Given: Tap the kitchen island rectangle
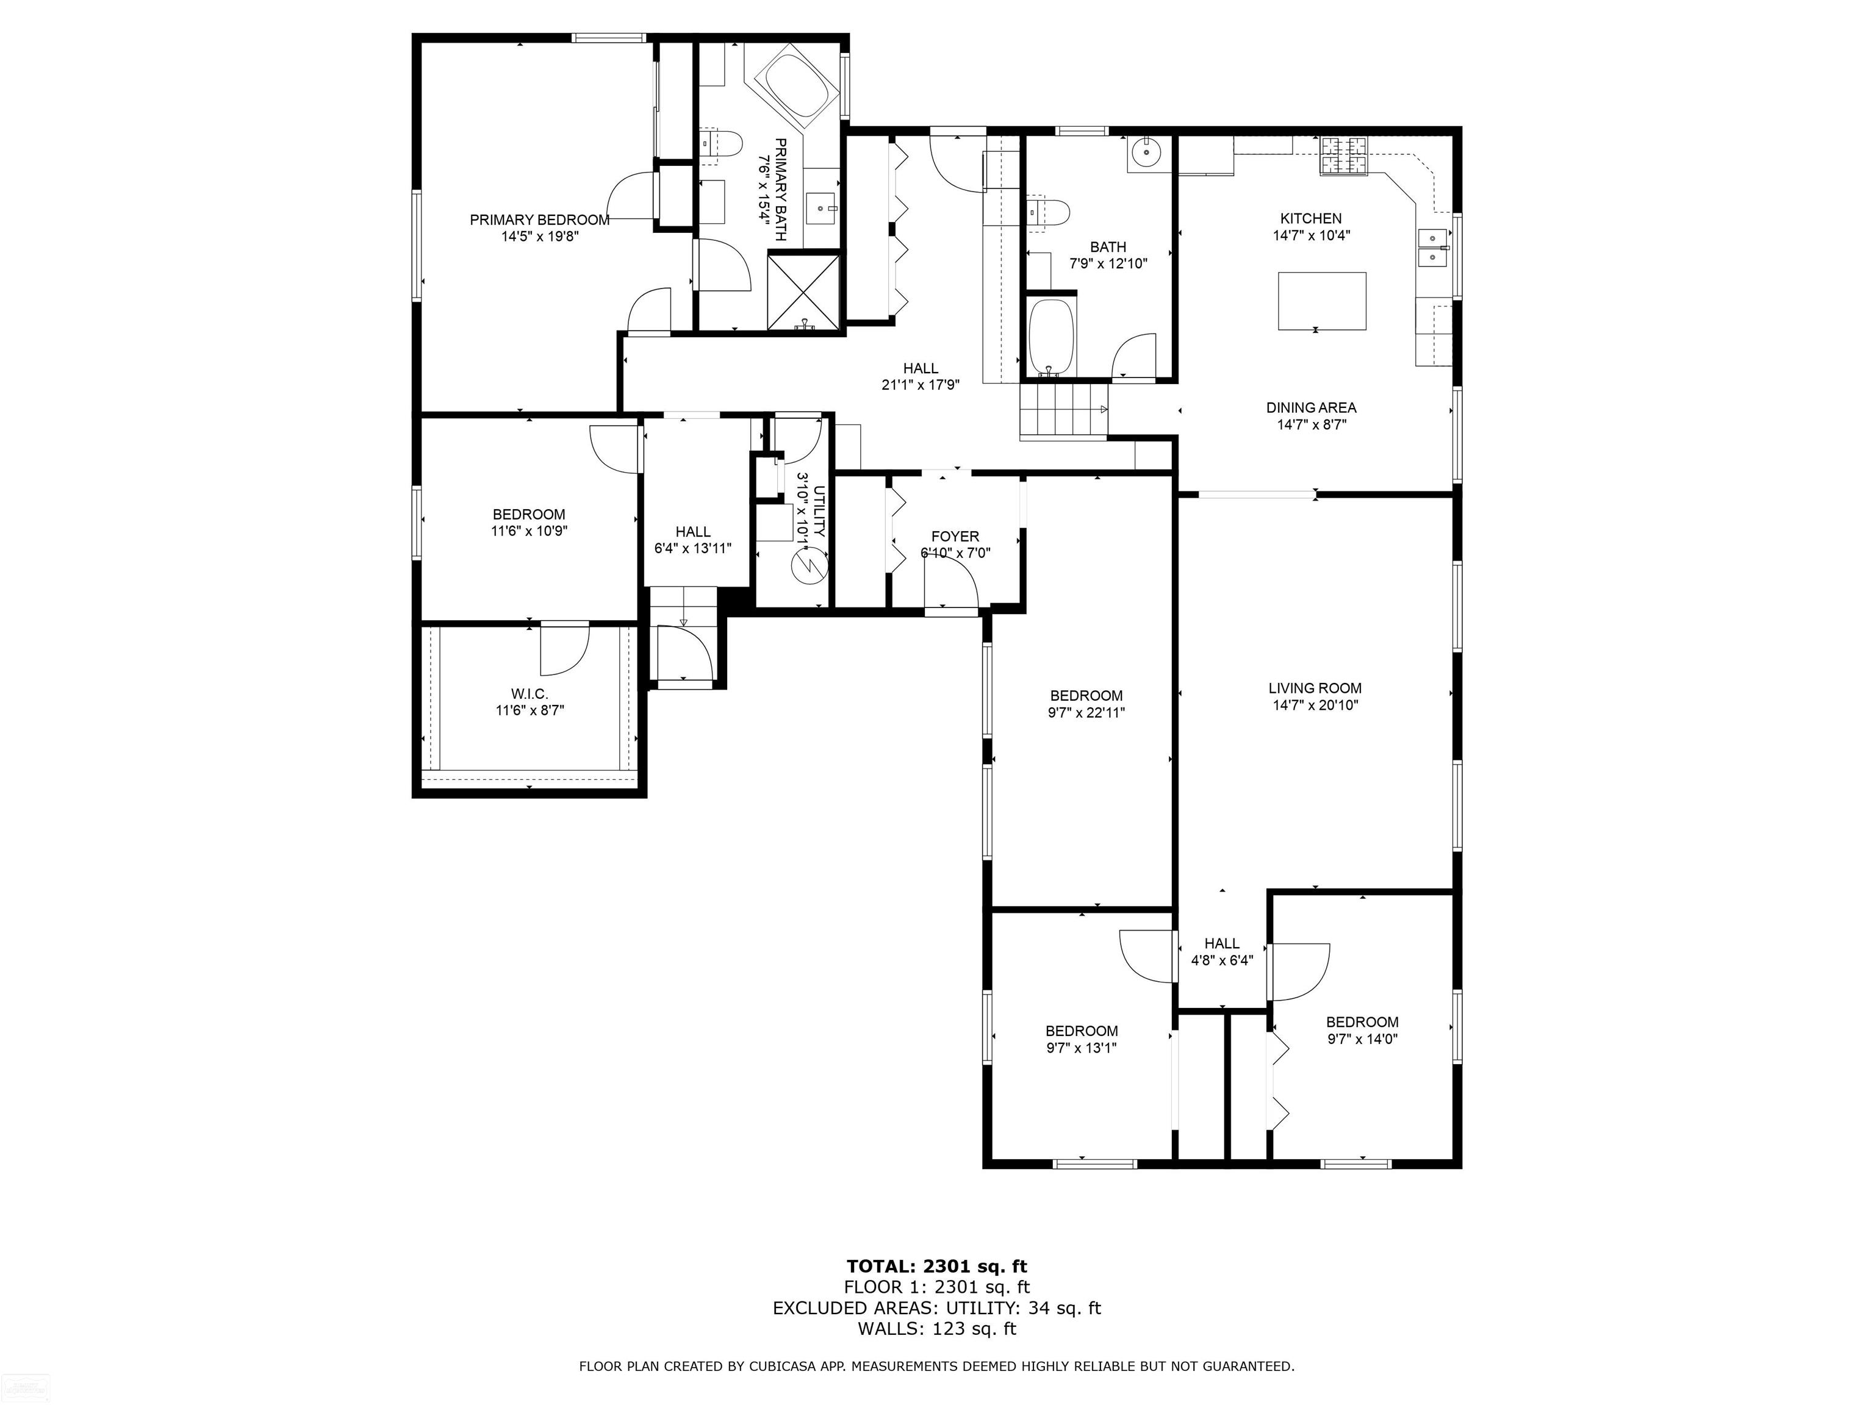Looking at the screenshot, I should click(1322, 301).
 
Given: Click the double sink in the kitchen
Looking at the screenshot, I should click(1432, 248).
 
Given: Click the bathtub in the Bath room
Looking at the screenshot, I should click(1050, 337).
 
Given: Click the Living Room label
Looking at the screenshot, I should click(1314, 688).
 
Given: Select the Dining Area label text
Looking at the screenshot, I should click(1310, 407).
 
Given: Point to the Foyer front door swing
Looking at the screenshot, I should click(950, 584).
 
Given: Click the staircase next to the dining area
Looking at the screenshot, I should click(1063, 411).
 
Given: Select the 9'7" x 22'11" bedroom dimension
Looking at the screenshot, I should click(1085, 713).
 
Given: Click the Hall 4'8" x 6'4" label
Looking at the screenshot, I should click(1222, 952).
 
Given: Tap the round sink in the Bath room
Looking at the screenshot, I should click(1147, 153).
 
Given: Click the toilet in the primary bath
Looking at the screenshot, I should click(721, 146).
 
